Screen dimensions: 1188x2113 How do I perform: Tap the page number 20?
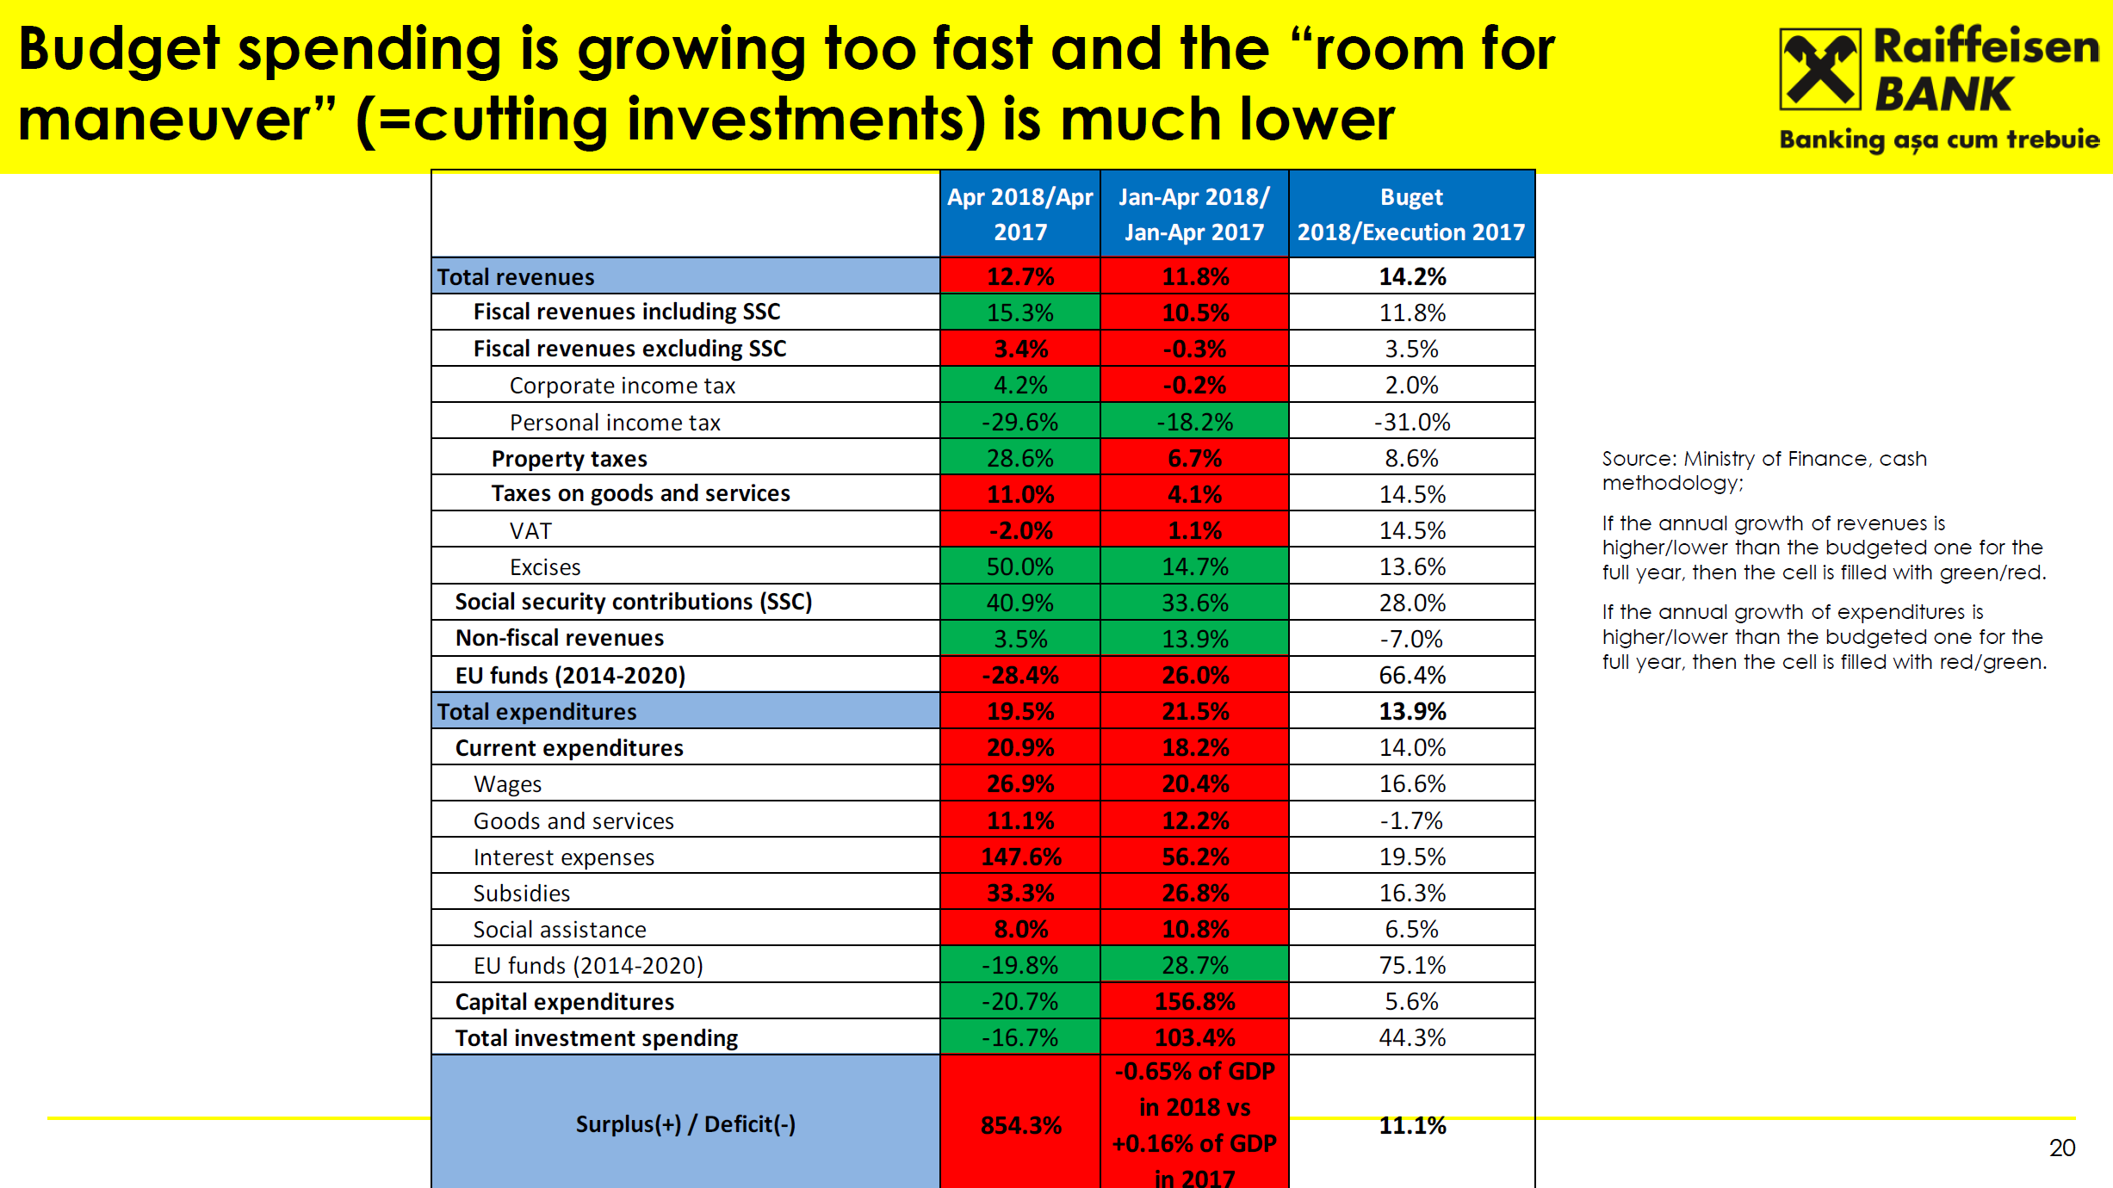coord(2061,1148)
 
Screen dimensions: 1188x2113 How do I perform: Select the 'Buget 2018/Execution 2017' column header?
coord(1411,214)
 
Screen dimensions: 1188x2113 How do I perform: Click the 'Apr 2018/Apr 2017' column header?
coord(1020,214)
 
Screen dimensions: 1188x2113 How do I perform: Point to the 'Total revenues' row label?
coord(516,277)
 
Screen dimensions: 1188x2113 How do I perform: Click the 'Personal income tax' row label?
coord(615,423)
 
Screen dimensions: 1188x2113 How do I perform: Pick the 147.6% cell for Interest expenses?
coord(1020,857)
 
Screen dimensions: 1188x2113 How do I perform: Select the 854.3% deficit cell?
coord(1020,1125)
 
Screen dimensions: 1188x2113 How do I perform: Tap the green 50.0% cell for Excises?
coord(1020,567)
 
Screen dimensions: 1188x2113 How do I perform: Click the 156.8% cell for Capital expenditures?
coord(1195,1002)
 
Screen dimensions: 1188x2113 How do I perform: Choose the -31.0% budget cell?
coord(1412,423)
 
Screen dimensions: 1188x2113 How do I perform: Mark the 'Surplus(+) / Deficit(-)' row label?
coord(685,1124)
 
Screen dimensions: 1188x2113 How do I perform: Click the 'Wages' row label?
coord(507,784)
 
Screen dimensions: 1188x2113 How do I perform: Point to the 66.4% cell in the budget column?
coord(1412,676)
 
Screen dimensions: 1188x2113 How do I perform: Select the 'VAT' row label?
coord(530,531)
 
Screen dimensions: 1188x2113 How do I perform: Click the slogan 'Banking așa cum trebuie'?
coord(1939,139)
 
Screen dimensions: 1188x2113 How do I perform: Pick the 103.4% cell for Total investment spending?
coord(1195,1038)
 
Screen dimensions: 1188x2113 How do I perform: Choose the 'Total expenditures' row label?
coord(536,712)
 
